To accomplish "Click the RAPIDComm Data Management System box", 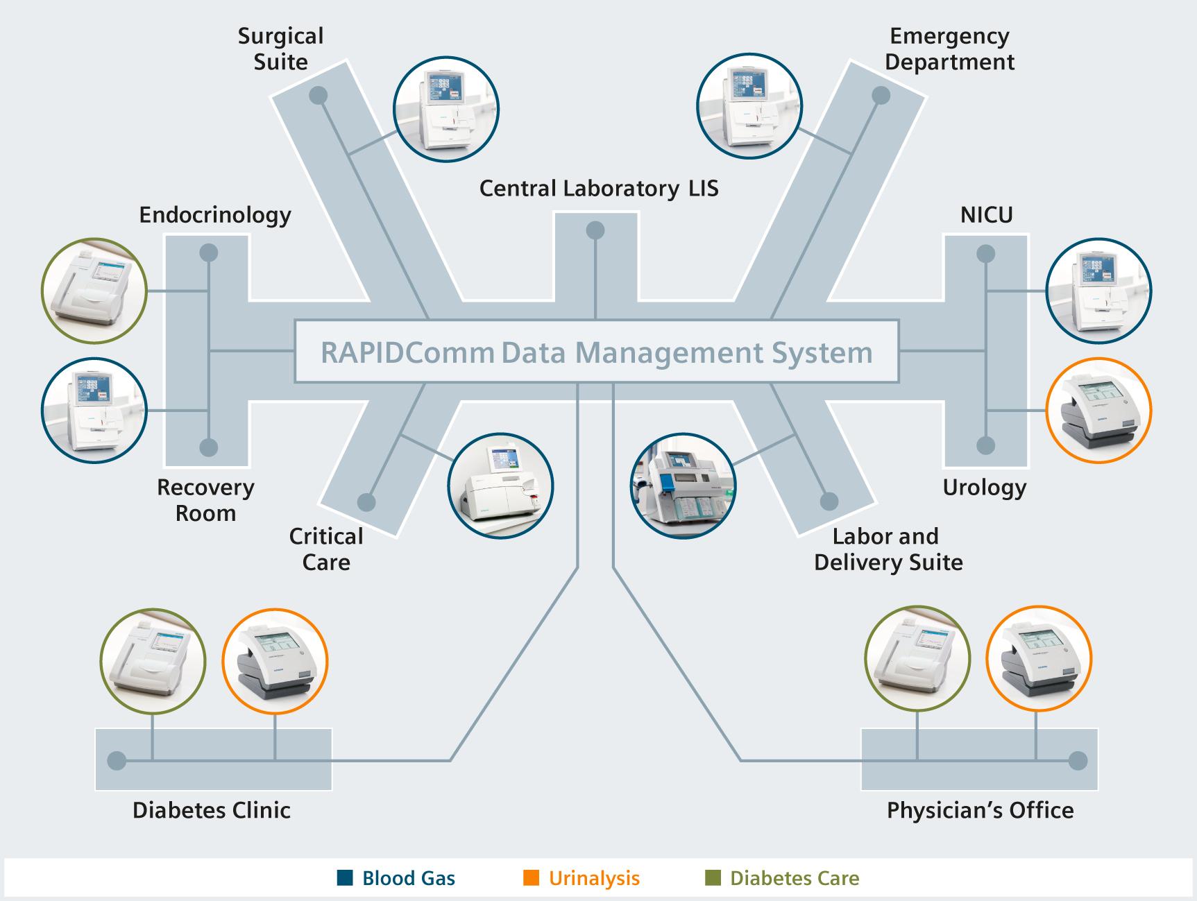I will point(597,352).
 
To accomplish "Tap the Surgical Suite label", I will point(280,49).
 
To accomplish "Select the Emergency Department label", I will point(949,49).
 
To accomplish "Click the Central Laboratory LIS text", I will point(598,188).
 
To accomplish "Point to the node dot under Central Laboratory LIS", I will point(595,230).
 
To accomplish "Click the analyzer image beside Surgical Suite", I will point(445,110).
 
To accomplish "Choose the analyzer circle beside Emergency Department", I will point(749,110).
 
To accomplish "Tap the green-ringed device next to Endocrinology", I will point(94,291).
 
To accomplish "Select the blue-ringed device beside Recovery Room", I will point(94,411).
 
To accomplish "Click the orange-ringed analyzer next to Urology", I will point(1098,411).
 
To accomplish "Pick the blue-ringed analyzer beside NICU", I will point(1098,291).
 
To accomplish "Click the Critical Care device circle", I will point(500,486).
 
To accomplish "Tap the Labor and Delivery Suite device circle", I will point(683,486).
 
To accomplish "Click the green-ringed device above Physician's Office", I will point(917,660).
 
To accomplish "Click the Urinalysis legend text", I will point(594,878).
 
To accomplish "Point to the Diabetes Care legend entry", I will point(783,878).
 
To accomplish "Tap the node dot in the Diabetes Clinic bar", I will point(117,761).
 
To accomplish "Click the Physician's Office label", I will point(980,810).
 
